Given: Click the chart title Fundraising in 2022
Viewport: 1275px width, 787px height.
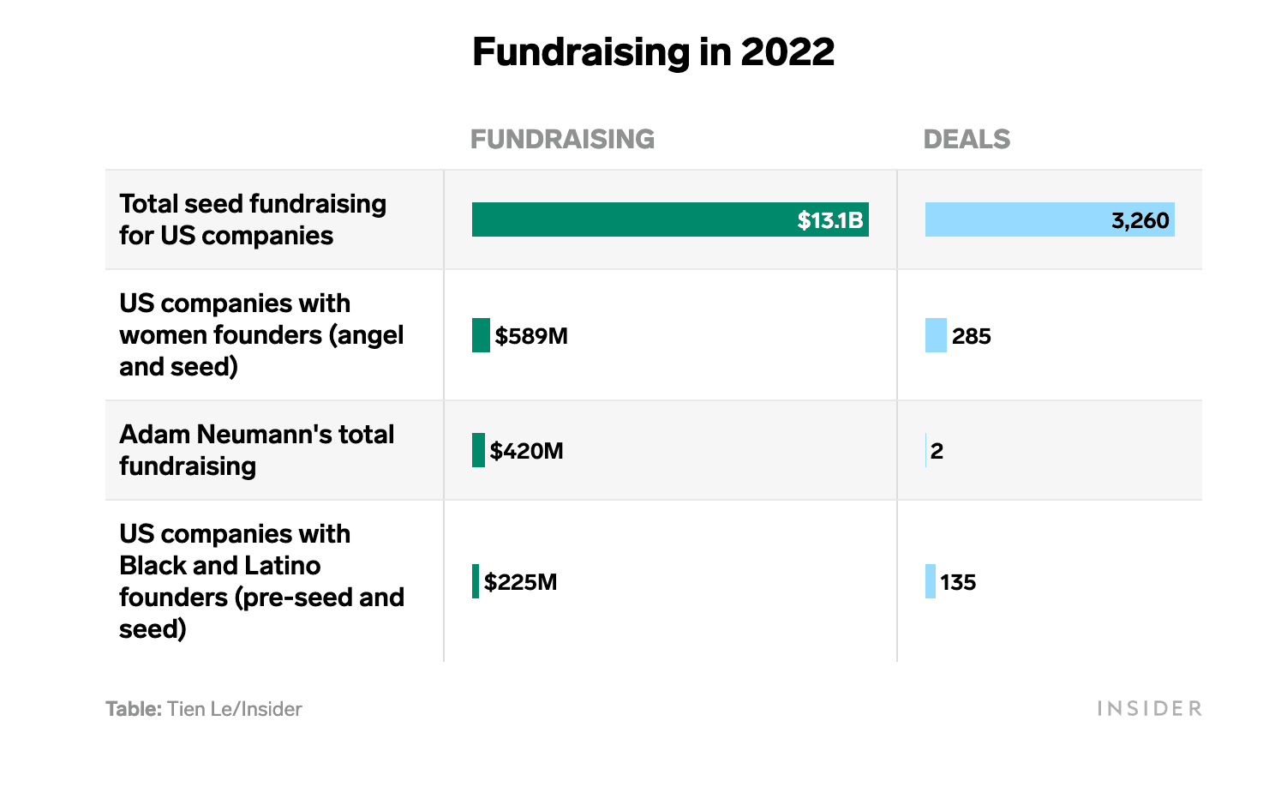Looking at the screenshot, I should coord(653,52).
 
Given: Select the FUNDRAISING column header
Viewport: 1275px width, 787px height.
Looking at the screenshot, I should coord(562,139).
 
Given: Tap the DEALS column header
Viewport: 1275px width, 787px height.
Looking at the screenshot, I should coord(967,139).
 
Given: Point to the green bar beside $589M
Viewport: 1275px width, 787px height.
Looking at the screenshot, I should coord(481,335).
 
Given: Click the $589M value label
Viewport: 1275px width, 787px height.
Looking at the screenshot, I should coord(531,336).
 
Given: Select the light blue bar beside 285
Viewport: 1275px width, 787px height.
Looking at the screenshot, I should coord(936,335).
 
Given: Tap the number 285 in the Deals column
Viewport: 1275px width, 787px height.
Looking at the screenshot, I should coord(971,336).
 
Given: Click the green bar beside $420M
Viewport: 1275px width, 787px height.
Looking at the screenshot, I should coord(478,450).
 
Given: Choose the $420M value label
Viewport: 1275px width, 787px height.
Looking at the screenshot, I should coord(527,451).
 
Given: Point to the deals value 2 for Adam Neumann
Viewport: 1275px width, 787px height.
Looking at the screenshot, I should coord(937,451).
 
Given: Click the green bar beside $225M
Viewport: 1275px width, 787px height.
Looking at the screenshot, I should coord(476,581).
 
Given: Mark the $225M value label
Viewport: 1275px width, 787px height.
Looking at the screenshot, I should coord(521,582).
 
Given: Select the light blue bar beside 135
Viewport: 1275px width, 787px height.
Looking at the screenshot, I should coord(931,581).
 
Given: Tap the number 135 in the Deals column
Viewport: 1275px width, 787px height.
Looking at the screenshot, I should coord(958,582).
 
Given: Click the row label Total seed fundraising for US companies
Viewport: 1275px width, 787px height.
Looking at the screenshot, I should coord(253,219).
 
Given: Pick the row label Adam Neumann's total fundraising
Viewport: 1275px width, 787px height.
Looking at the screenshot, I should coord(256,450).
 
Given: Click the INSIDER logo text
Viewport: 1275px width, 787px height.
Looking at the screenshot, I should coord(1149,708).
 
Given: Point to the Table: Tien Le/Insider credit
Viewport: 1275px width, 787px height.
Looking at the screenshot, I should coord(204,709).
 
